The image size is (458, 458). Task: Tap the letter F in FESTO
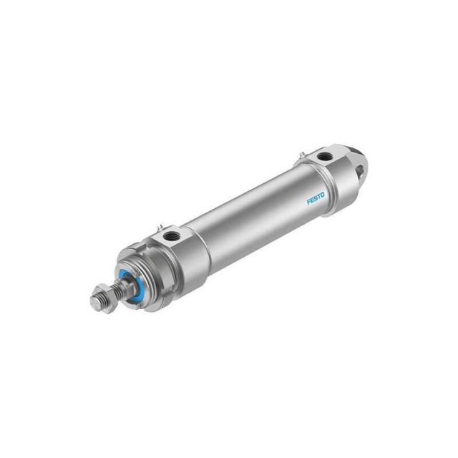tap(308, 203)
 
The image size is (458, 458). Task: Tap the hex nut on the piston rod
tap(105, 298)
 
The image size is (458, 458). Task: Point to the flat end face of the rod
tap(94, 301)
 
